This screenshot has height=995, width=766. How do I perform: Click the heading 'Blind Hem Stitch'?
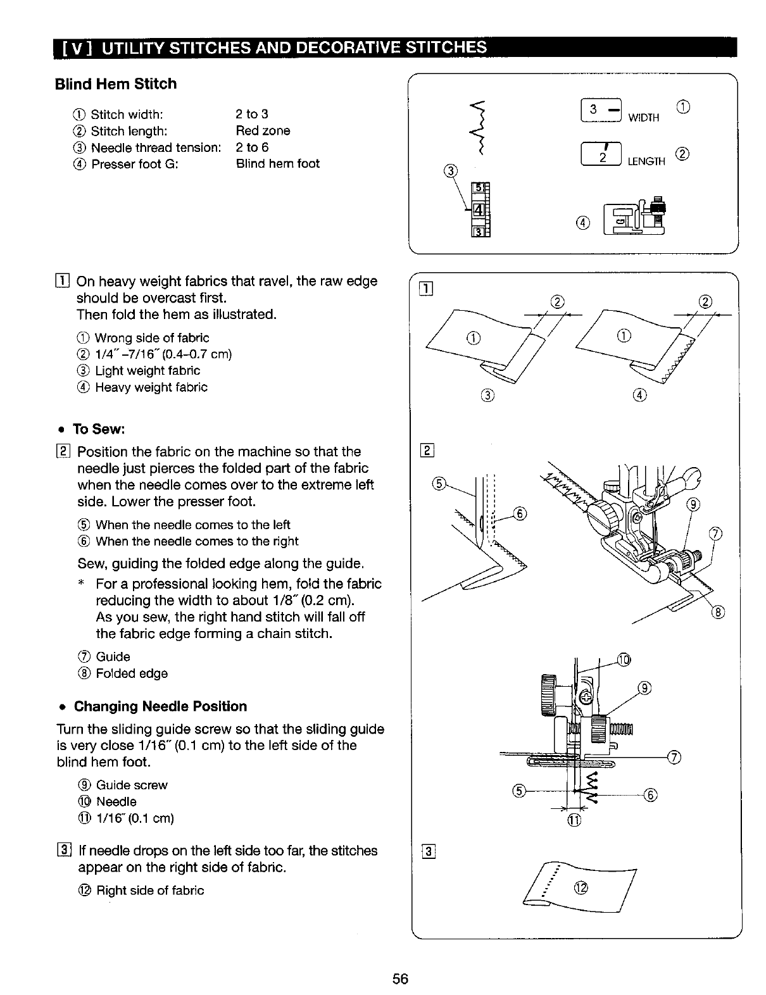115,84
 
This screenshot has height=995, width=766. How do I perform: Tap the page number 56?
400,979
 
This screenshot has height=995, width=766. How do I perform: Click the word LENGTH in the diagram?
646,162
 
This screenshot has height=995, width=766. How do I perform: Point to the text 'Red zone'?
263,131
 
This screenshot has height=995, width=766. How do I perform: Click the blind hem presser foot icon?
632,217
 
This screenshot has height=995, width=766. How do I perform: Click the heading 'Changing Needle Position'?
160,706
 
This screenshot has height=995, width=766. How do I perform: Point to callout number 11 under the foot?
574,822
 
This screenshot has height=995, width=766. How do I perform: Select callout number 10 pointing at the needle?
624,660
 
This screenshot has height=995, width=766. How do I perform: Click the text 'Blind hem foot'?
277,164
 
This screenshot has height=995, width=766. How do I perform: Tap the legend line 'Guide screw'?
131,785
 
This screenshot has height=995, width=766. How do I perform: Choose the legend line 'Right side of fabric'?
149,891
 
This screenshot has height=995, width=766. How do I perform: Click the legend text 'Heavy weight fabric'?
151,387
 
